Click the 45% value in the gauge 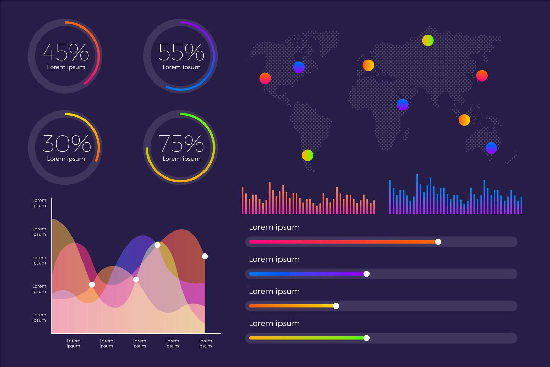tap(66, 52)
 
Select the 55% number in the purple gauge tap(181, 52)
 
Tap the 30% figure tap(66, 143)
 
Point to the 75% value tap(181, 143)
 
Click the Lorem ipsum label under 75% tap(181, 159)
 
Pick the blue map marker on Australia tap(491, 148)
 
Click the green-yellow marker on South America tap(308, 155)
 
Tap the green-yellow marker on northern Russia tap(428, 41)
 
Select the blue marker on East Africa tap(403, 104)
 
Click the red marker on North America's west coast tap(265, 78)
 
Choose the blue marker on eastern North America tap(299, 67)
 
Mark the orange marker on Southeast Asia tap(464, 120)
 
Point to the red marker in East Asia tap(482, 76)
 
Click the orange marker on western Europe tap(368, 65)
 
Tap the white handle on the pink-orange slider tap(438, 242)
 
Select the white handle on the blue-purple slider tap(366, 274)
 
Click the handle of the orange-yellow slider tap(336, 306)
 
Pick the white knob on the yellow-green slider tap(366, 338)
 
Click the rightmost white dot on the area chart tap(205, 256)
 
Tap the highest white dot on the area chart tap(157, 245)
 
